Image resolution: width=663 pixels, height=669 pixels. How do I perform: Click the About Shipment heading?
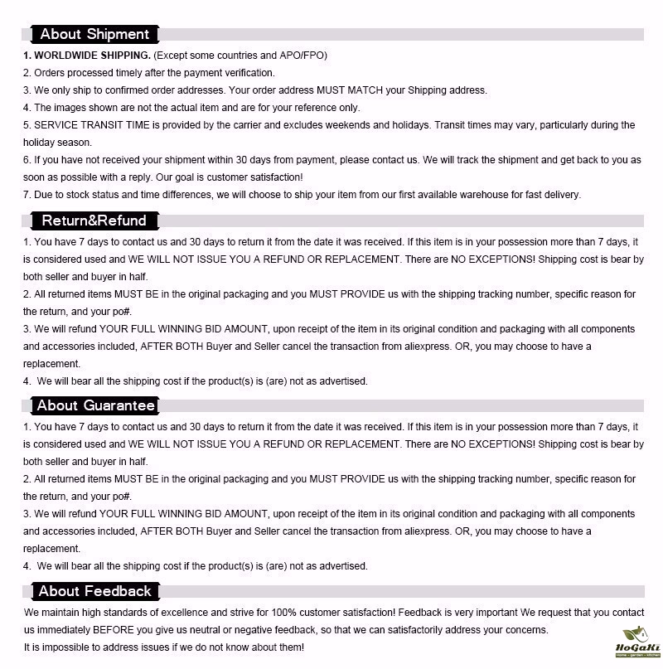point(94,34)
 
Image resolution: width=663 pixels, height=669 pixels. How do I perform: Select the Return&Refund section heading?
point(94,221)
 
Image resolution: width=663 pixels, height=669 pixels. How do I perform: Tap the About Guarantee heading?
point(95,405)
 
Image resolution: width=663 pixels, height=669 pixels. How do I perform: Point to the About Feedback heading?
point(94,591)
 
